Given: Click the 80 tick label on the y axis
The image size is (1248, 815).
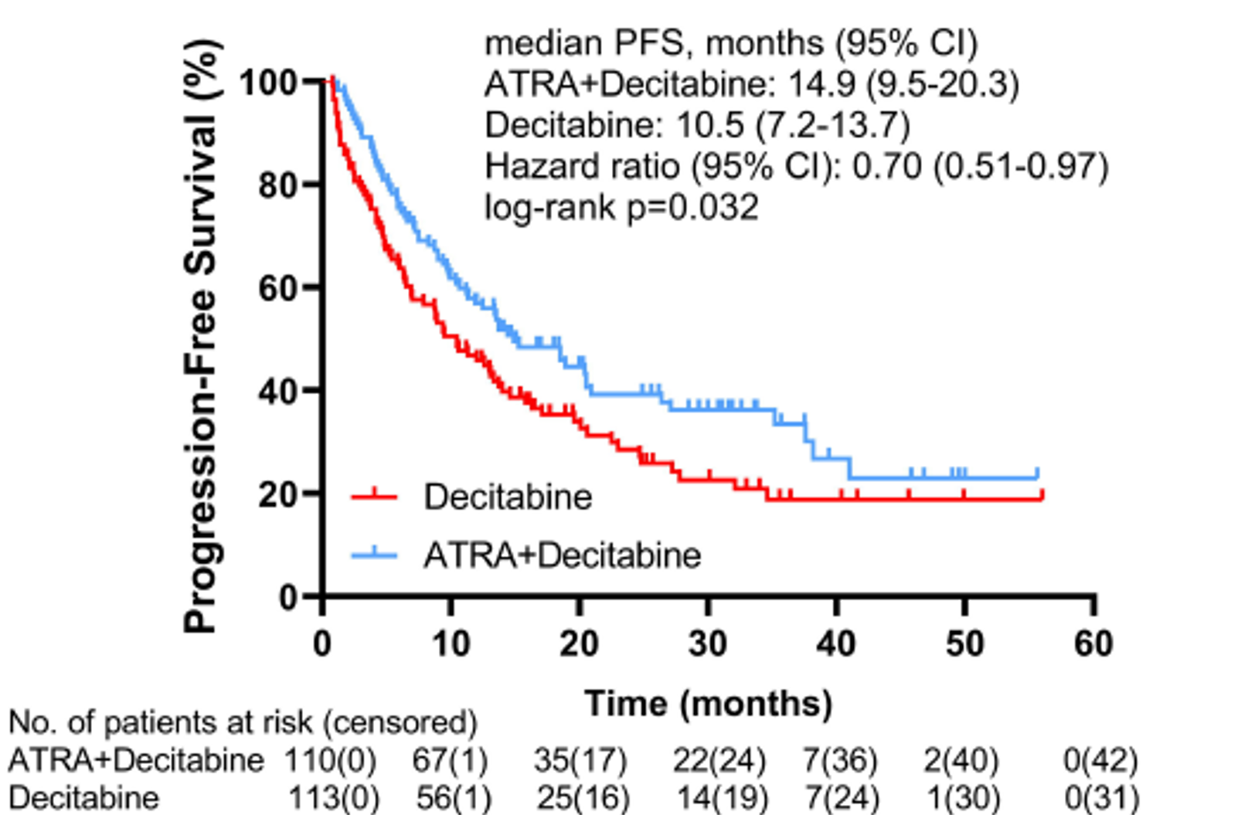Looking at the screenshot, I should tap(278, 185).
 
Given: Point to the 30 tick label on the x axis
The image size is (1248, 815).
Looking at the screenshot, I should tap(707, 644).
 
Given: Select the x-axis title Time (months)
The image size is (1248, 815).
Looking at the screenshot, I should tap(708, 704).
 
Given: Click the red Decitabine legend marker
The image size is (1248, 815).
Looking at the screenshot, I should tap(374, 496).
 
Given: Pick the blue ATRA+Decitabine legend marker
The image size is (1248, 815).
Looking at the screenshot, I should tap(374, 555).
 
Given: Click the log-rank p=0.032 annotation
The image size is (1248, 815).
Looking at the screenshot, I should tap(621, 207).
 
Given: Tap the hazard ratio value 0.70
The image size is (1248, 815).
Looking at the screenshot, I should tap(887, 166).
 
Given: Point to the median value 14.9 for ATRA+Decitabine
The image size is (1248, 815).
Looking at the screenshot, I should tap(821, 83).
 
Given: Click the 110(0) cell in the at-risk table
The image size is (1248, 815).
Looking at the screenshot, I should tap(331, 760).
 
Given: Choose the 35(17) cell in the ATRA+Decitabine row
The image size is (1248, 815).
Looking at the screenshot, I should tap(580, 760).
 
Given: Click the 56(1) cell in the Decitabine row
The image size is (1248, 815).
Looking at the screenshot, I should tap(454, 797).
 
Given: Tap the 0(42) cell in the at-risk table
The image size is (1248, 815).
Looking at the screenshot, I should tap(1100, 760).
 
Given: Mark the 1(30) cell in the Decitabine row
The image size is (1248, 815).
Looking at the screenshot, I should tap(964, 797).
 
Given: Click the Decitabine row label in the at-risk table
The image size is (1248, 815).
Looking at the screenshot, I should tap(83, 797).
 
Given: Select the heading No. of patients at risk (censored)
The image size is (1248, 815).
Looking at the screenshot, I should tap(243, 722).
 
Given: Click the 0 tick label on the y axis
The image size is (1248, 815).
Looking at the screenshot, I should tap(288, 597).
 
